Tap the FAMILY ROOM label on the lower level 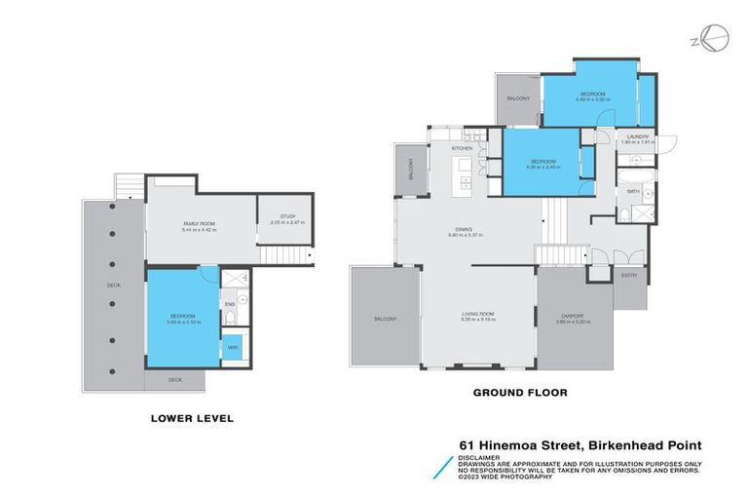click(199, 223)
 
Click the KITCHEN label click(462, 147)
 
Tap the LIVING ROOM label click(478, 314)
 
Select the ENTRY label click(629, 276)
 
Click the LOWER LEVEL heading click(192, 418)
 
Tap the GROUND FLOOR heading click(519, 393)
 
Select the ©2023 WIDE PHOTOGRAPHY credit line click(506, 477)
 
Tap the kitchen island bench click(465, 175)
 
